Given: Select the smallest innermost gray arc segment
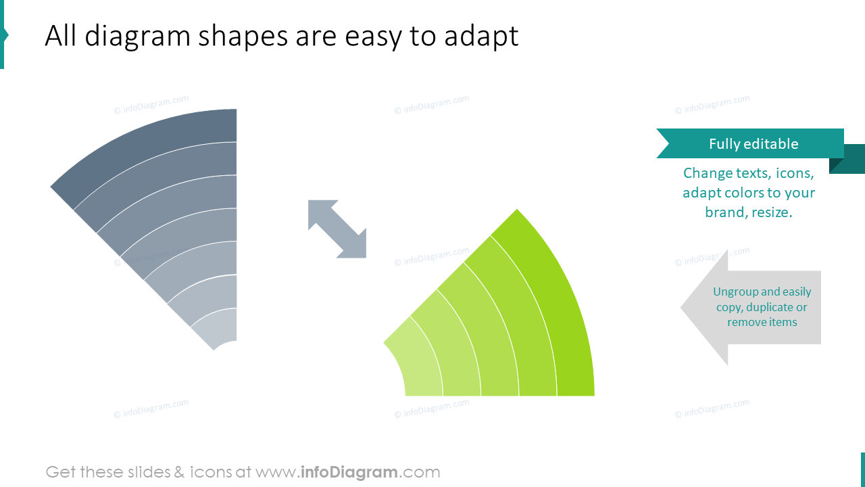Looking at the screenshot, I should [220, 328].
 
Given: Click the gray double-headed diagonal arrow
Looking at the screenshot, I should [337, 229].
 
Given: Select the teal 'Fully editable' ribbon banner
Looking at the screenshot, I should [750, 143].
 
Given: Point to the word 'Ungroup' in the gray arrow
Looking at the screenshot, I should [735, 292].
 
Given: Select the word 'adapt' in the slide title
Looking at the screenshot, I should [480, 37].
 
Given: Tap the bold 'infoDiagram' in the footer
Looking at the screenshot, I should [348, 472].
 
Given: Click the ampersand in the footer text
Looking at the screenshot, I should [179, 472].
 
